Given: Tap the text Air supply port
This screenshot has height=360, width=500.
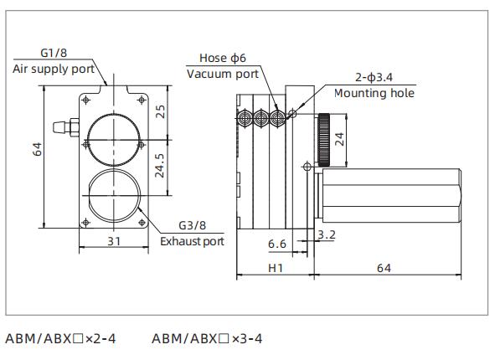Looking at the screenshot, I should click(53, 69).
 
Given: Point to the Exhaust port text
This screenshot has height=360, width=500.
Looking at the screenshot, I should click(193, 241).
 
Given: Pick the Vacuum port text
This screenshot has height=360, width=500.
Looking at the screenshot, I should click(222, 74).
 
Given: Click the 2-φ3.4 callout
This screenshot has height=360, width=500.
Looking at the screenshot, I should click(358, 77).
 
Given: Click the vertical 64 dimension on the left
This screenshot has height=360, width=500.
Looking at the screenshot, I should click(36, 149).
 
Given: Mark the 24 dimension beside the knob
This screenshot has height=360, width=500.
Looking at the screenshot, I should click(339, 139).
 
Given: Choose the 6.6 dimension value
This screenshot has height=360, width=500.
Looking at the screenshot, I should click(277, 243).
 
